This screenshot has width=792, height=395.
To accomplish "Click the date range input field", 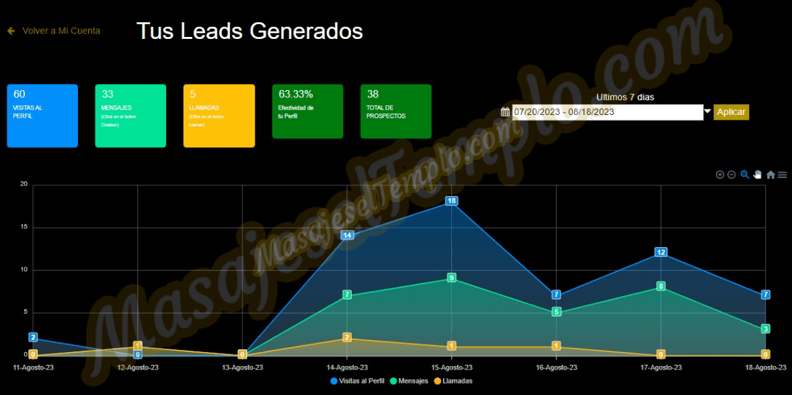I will click(x=607, y=112).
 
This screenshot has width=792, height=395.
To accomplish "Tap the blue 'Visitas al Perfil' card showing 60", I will click(x=42, y=116).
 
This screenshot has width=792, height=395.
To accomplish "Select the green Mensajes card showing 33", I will click(x=130, y=116).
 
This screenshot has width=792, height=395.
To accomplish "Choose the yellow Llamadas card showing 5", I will click(x=219, y=116).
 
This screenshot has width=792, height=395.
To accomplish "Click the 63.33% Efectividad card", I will click(x=307, y=112).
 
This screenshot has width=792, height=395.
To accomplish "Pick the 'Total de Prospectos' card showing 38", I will click(x=395, y=112).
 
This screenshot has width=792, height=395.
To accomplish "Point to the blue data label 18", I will click(x=452, y=201).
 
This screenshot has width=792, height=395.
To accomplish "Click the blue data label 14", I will click(x=347, y=235).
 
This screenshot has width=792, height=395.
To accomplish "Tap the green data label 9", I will click(x=452, y=278).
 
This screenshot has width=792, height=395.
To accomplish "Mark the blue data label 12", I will click(x=661, y=253).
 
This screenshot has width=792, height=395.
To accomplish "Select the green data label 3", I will click(x=766, y=329).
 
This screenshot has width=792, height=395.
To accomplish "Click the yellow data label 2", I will click(x=347, y=337).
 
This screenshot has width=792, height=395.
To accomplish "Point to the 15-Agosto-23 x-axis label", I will click(x=452, y=367).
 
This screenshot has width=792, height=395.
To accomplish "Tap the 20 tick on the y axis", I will click(x=24, y=184).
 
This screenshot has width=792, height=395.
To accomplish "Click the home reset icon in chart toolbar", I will click(x=770, y=175).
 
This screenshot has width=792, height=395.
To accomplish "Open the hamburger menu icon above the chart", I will click(x=782, y=175).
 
